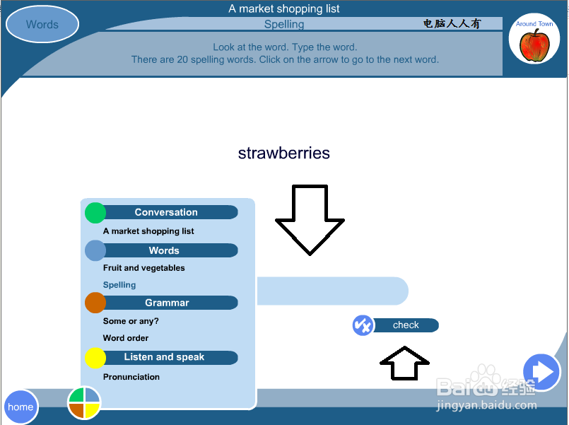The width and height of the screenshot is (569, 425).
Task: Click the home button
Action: click(20, 407)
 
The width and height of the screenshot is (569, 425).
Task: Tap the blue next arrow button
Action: click(541, 372)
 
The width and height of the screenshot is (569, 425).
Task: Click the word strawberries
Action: click(283, 153)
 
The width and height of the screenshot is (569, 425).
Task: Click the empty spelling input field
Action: click(332, 291)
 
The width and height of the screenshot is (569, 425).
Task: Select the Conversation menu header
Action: click(166, 212)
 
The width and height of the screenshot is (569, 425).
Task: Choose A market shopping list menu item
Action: click(148, 231)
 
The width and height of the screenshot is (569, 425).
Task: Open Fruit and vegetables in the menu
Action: click(143, 268)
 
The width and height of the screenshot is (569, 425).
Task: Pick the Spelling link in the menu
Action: click(119, 285)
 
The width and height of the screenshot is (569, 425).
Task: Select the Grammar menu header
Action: click(167, 303)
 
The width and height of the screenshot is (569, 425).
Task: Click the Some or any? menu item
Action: click(131, 321)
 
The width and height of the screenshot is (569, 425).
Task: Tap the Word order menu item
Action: click(126, 338)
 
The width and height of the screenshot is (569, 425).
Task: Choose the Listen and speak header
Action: click(164, 357)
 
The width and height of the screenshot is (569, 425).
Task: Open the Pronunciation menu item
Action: click(131, 377)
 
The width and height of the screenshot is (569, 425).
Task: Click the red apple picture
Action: click(534, 45)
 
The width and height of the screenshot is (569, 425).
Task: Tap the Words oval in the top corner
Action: click(42, 24)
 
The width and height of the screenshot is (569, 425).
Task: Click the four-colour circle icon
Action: click(84, 403)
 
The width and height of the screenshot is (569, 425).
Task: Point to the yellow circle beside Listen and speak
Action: click(95, 358)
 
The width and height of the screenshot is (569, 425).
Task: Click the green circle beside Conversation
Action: click(95, 213)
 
